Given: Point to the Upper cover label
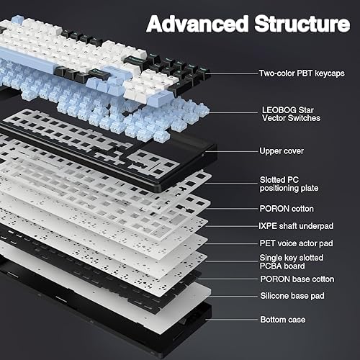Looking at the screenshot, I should pyautogui.click(x=282, y=151).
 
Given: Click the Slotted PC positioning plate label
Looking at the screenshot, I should pyautogui.click(x=288, y=184).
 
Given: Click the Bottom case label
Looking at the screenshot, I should pyautogui.click(x=283, y=319).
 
